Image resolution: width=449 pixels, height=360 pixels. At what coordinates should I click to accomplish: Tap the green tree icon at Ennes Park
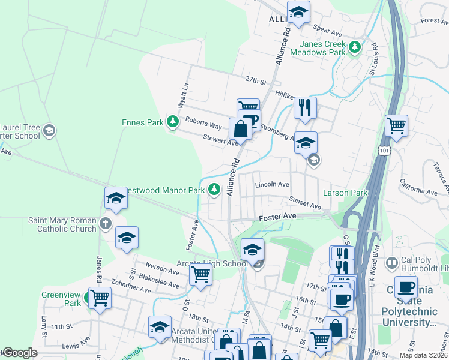click(x=173, y=122)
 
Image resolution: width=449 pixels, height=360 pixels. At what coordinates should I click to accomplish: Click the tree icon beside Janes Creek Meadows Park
click(x=355, y=46)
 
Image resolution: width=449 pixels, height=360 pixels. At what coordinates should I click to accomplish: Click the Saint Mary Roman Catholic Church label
click(x=62, y=224)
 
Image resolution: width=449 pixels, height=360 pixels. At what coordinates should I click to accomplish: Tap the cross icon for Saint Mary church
click(x=106, y=224)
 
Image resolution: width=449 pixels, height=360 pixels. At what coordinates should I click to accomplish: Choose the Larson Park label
click(x=345, y=193)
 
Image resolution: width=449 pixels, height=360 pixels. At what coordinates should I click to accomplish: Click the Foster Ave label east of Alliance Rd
click(x=277, y=216)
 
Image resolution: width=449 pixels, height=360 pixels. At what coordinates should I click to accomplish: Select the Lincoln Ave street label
click(x=272, y=185)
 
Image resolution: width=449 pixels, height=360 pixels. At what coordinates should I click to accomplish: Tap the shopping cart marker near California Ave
click(x=396, y=126)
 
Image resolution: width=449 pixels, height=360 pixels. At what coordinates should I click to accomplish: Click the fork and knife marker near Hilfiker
click(x=305, y=108)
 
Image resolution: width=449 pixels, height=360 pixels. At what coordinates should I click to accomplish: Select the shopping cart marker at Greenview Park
click(x=100, y=298)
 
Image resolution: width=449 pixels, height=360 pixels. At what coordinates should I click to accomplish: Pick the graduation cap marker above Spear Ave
click(x=298, y=11)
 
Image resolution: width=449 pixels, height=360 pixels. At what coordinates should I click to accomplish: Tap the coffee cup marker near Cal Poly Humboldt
click(x=406, y=287)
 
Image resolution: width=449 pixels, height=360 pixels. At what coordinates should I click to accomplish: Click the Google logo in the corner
click(x=20, y=353)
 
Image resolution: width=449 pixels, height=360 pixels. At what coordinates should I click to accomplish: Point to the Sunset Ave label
click(x=305, y=204)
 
